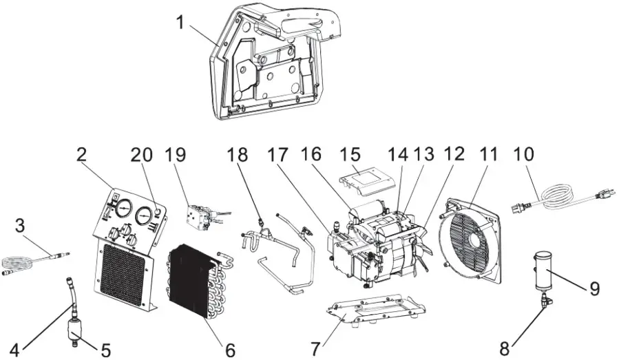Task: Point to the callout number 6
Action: click(229, 350)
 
